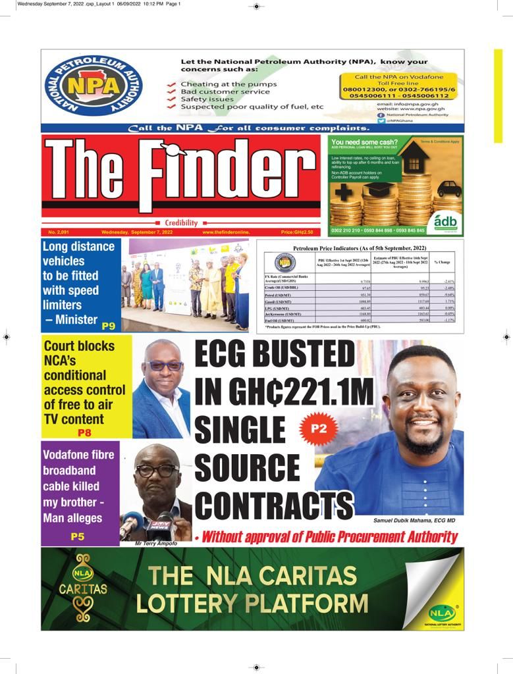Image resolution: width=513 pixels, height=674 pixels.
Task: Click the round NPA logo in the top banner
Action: click(x=93, y=86)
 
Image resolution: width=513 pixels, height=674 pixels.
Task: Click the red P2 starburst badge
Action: click(x=319, y=428)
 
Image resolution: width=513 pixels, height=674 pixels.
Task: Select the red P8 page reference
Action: click(x=84, y=432)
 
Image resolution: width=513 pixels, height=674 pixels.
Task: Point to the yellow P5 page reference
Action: click(x=78, y=536)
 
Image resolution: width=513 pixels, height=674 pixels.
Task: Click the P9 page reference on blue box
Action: click(x=109, y=324)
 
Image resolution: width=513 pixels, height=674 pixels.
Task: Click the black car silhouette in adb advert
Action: click(x=449, y=189)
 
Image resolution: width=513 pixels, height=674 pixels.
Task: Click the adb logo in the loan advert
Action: click(x=446, y=222)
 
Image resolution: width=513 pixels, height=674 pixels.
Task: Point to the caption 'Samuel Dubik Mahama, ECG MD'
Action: click(x=414, y=520)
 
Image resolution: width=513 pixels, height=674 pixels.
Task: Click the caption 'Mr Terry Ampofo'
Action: click(x=155, y=544)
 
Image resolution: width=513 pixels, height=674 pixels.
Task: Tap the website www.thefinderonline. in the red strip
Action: click(x=227, y=232)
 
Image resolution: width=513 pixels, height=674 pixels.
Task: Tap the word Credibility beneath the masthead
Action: click(x=180, y=223)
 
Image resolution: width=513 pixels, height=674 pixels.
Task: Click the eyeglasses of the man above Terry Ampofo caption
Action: click(x=157, y=470)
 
